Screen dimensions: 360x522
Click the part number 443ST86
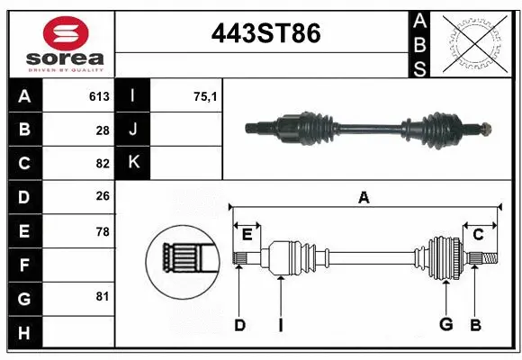coord(265,34)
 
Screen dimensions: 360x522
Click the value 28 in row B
coord(103,130)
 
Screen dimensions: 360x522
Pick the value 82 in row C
coord(103,164)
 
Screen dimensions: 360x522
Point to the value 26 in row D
coord(103,197)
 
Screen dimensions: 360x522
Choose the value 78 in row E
coord(103,231)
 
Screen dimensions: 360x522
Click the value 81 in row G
coord(103,295)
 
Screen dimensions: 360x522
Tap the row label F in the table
coord(24,265)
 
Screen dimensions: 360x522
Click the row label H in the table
coord(24,333)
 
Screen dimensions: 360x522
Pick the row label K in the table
coord(134,164)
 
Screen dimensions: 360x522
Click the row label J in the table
coord(134,130)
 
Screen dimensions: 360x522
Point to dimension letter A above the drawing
coord(364,197)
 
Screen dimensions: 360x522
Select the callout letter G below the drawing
coord(445,325)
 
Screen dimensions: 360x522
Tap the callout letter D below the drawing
coord(239,325)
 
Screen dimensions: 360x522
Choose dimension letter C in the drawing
coord(479,234)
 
